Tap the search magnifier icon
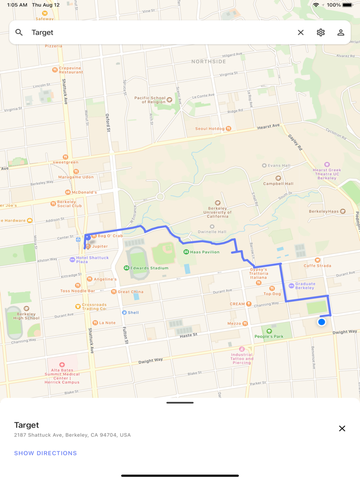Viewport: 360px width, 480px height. tap(19, 32)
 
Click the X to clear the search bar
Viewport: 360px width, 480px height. tap(301, 32)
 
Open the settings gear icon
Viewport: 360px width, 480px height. tap(321, 32)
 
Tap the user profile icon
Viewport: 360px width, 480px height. tap(340, 32)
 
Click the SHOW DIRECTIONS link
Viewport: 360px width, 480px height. tap(45, 453)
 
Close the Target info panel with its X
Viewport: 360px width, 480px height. tap(342, 429)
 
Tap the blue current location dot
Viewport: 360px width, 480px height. tap(321, 322)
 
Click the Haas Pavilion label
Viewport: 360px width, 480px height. tap(204, 252)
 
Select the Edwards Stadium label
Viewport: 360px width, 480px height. tap(149, 268)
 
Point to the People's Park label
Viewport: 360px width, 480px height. tap(269, 336)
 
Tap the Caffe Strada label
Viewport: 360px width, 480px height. tap(317, 265)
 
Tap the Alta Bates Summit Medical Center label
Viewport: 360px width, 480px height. tap(62, 374)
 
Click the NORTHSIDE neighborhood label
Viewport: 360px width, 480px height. tap(208, 62)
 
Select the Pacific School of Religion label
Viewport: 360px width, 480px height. tap(150, 100)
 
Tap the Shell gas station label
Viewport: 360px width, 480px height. tap(133, 312)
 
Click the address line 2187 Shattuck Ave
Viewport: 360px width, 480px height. tap(72, 435)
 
